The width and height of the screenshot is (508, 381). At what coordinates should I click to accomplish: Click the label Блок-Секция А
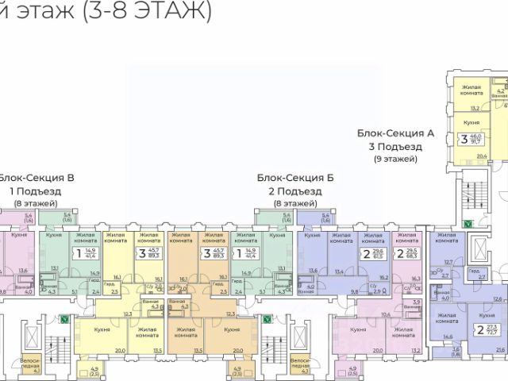click(x=395, y=134)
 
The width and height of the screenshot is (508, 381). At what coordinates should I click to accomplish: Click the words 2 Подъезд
click(x=295, y=191)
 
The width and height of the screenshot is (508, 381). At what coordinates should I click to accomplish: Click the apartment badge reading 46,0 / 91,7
click(x=475, y=140)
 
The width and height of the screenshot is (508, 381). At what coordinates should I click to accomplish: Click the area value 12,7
click(x=448, y=262)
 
